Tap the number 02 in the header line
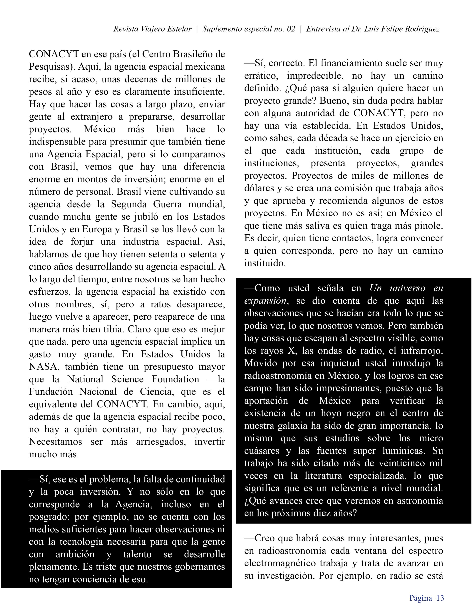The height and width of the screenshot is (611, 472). (291, 29)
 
